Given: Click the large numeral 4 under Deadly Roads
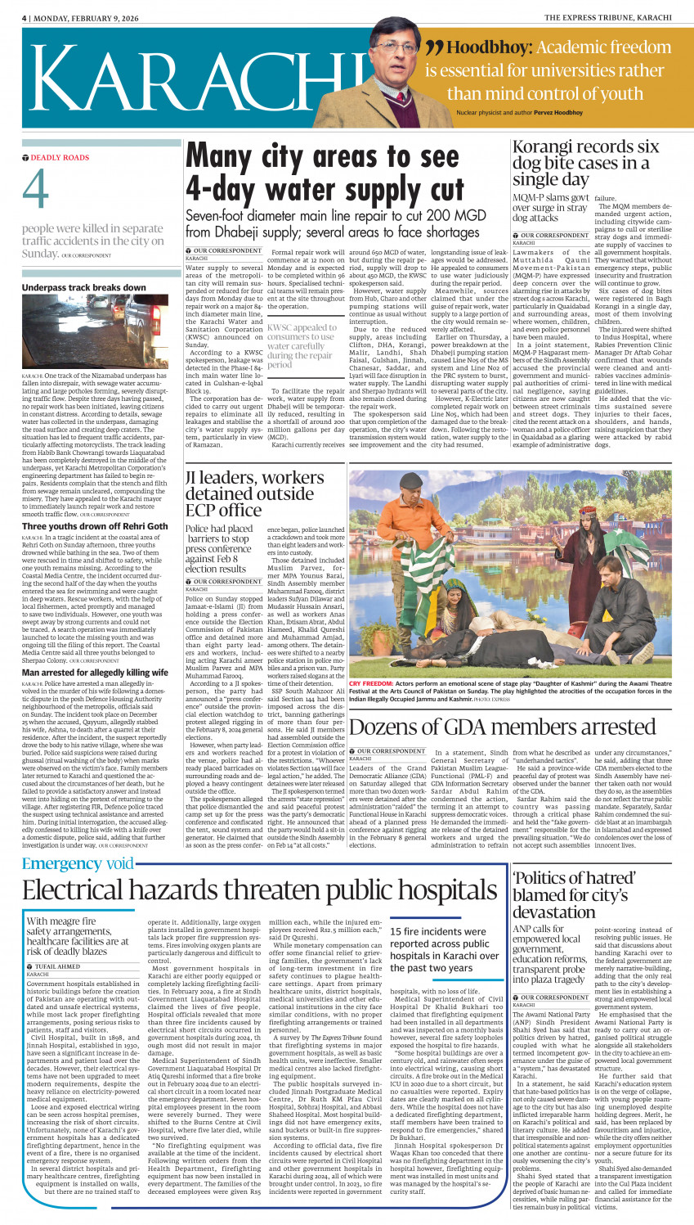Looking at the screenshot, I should (x=36, y=191).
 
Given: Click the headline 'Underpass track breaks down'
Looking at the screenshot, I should (x=84, y=288).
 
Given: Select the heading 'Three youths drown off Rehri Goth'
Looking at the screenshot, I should (x=95, y=526).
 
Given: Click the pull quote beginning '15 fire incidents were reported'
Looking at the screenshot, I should (x=444, y=949).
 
